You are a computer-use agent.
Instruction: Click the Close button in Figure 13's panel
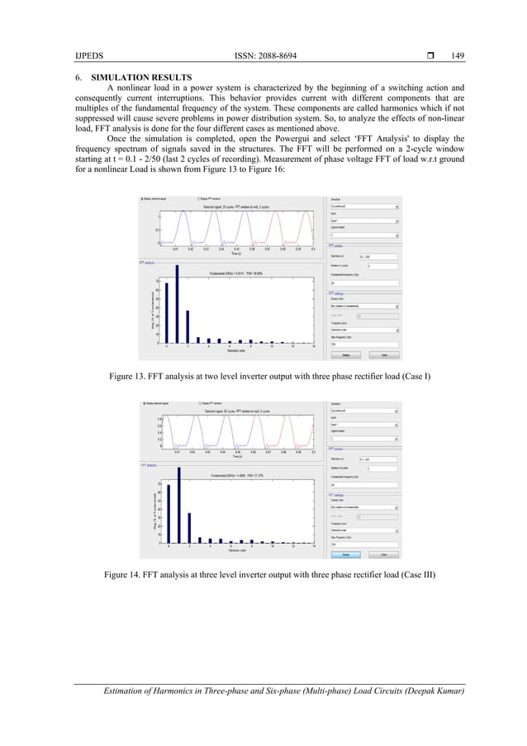pos(383,356)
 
